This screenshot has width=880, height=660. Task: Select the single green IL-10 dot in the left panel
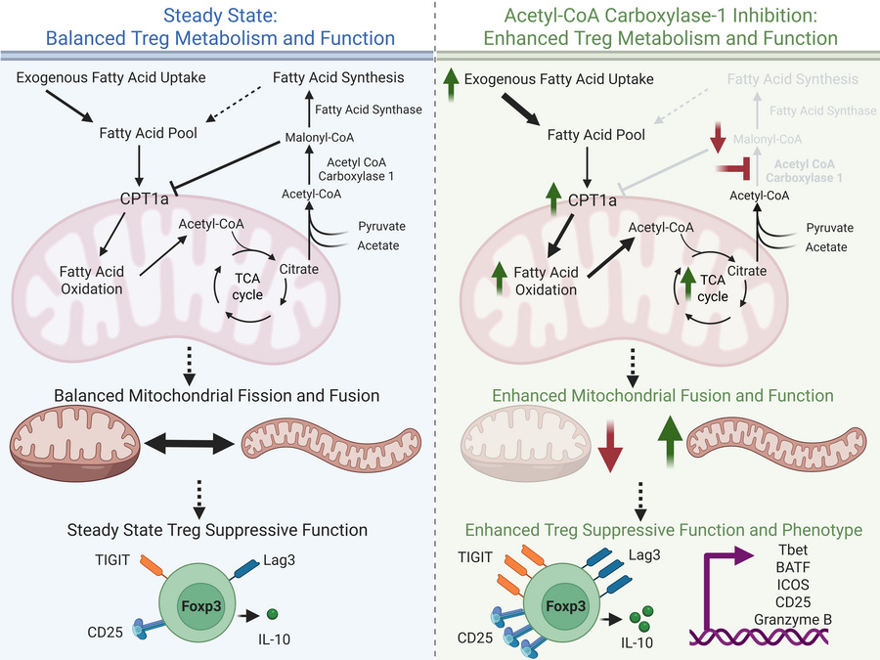tap(273, 613)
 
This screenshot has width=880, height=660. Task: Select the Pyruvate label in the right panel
tap(829, 228)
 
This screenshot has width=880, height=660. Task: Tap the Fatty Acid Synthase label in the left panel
tap(369, 110)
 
